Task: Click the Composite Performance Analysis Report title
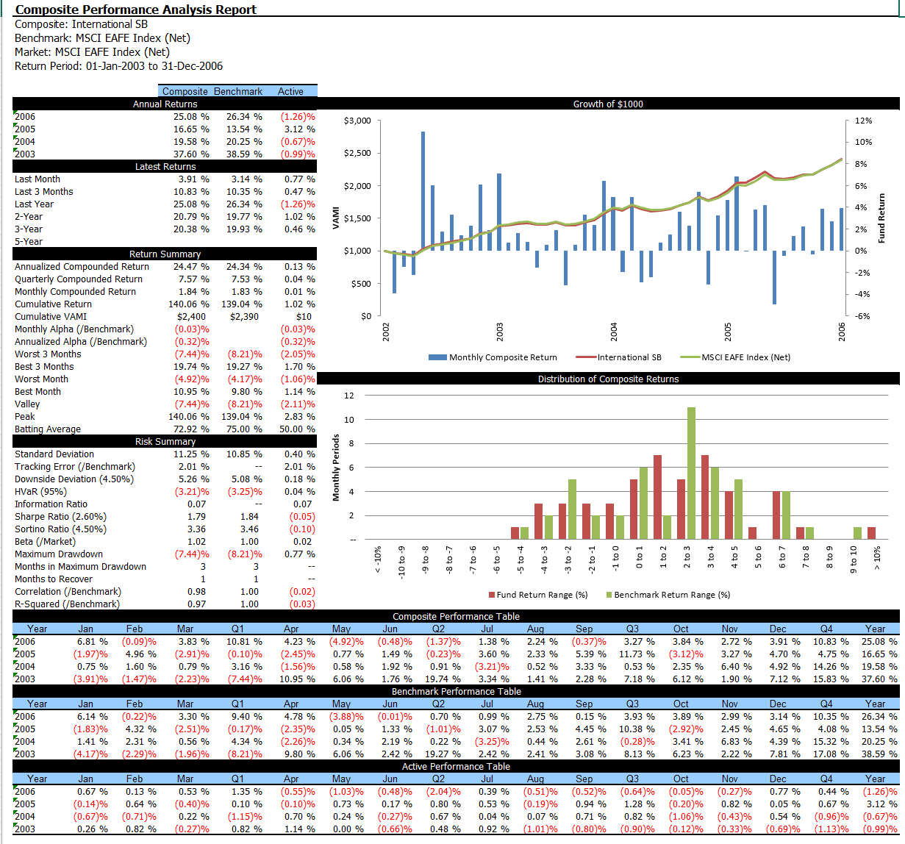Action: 136,10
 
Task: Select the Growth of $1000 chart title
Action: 608,104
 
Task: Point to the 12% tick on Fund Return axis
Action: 862,121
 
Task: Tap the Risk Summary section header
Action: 165,442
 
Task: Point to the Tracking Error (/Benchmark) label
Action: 75,467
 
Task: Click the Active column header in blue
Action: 290,91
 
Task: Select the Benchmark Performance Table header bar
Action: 456,691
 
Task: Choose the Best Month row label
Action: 37,392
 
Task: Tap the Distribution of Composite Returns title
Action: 608,379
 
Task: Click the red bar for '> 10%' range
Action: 871,533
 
